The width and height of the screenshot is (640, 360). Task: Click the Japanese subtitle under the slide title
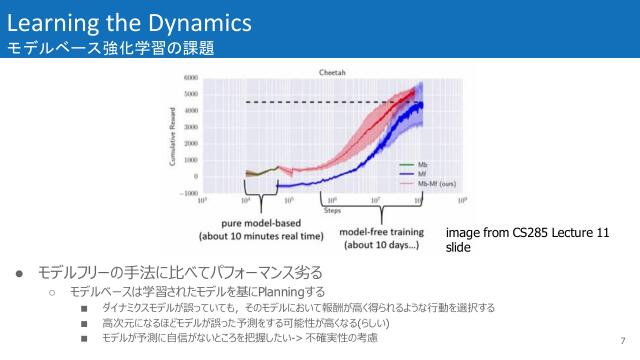tap(110, 48)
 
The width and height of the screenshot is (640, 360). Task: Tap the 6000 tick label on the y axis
tap(190, 78)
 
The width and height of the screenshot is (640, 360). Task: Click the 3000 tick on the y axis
tap(190, 127)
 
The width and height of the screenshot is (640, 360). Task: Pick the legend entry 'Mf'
tap(420, 174)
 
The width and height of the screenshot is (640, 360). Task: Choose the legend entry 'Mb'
tap(421, 164)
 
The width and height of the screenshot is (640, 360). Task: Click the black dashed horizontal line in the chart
tap(330, 102)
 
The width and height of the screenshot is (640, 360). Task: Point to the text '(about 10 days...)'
tap(379, 244)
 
